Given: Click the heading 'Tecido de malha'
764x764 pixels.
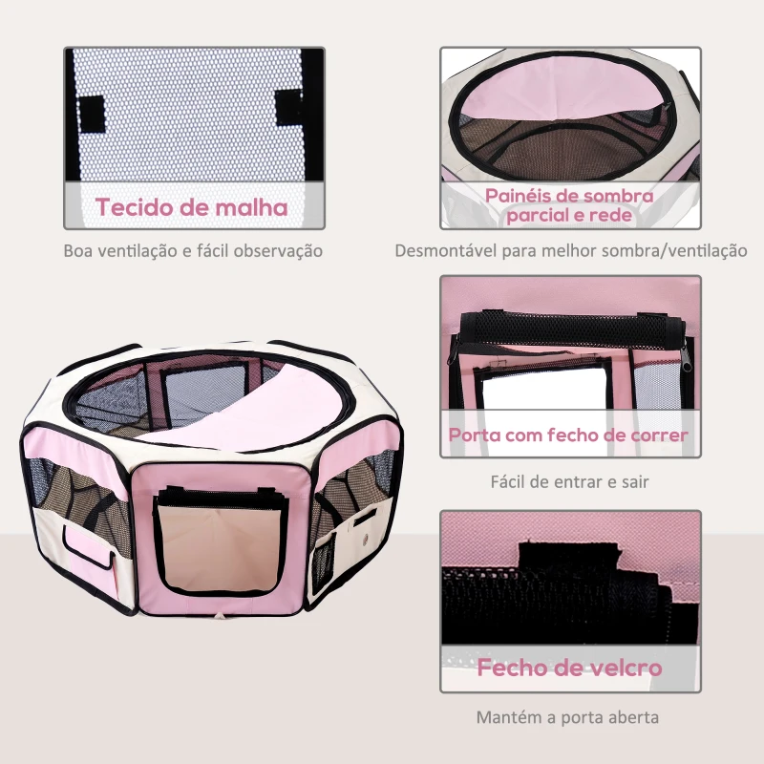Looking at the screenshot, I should (x=191, y=207).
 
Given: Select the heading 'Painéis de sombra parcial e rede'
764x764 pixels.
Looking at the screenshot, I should (x=570, y=205).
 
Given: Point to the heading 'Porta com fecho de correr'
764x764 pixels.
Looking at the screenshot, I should (x=570, y=435).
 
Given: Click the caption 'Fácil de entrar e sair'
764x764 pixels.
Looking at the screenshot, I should (x=570, y=481).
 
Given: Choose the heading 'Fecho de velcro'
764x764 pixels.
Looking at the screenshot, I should (x=570, y=668).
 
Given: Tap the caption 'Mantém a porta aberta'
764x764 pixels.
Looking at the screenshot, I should (x=570, y=717).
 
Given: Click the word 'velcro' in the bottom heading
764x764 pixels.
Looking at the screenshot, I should (x=621, y=668).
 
